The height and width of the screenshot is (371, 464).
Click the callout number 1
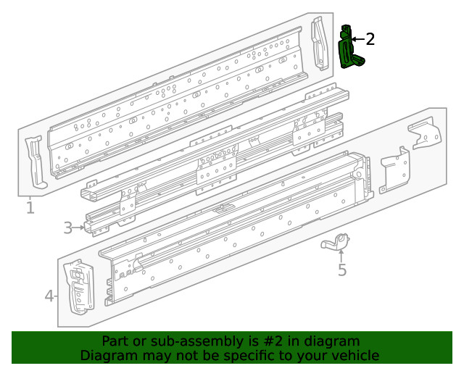(x=30, y=209)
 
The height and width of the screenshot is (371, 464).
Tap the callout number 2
(x=370, y=39)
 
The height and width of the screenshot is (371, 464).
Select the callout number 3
(x=67, y=228)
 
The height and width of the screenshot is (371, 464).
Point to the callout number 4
(x=49, y=296)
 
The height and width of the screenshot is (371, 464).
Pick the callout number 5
(x=342, y=270)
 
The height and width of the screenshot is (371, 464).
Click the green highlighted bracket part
(x=350, y=49)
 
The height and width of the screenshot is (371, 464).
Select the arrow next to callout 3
(x=79, y=228)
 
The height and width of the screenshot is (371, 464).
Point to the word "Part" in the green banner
(x=115, y=341)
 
